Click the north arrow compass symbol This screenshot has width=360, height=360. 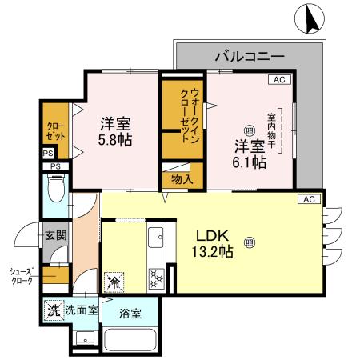[x=310, y=18]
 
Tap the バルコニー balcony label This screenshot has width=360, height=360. [x=250, y=57]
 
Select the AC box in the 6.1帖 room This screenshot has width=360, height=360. [x=279, y=79]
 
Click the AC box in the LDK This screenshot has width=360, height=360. [x=309, y=199]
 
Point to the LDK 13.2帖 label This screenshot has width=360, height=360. [x=213, y=244]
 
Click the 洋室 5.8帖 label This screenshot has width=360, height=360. [x=115, y=132]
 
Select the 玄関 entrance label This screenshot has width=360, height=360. [x=55, y=235]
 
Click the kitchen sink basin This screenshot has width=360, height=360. [x=155, y=238]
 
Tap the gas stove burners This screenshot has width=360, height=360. [x=156, y=279]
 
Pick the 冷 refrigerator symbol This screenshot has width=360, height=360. [x=114, y=282]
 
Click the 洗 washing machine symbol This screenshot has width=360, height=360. [x=54, y=310]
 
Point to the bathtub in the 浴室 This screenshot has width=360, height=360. [x=130, y=341]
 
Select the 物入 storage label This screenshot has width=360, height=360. [x=182, y=179]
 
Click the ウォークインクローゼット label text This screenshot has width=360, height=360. [x=190, y=115]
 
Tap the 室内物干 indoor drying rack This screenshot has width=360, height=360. [x=279, y=130]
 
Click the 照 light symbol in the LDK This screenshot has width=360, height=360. [x=250, y=242]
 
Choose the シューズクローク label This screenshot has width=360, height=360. [x=22, y=276]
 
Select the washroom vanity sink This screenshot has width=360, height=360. [x=85, y=338]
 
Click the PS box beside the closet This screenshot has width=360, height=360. [x=48, y=154]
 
